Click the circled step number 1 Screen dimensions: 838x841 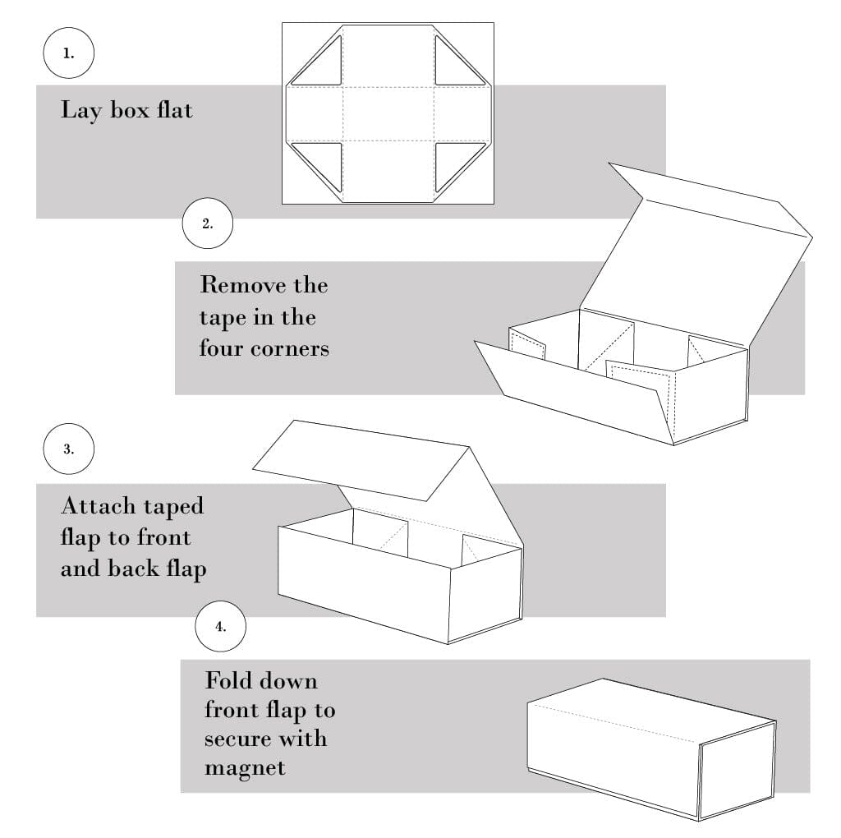point(68,54)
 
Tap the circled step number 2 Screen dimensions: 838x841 point(207,222)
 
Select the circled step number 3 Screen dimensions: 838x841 point(68,449)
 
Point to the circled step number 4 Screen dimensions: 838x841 point(220,626)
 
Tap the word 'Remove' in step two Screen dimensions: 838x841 point(240,286)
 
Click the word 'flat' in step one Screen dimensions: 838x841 point(173,109)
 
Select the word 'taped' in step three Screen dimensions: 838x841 point(173,507)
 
